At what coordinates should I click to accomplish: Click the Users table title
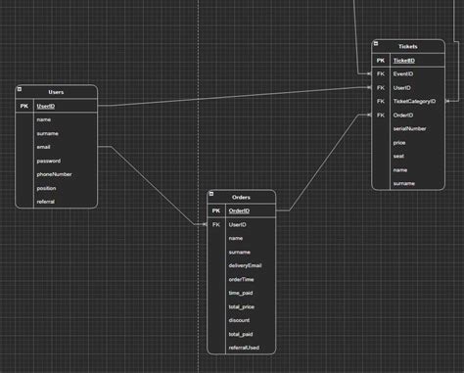click(56, 91)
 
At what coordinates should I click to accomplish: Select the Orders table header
click(241, 197)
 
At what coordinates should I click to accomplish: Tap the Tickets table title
click(407, 46)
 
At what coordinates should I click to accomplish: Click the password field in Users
click(48, 161)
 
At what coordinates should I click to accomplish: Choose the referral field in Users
click(46, 202)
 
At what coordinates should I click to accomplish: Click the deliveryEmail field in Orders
click(245, 265)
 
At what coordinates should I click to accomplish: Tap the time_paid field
click(241, 293)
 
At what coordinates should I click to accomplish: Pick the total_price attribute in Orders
click(242, 306)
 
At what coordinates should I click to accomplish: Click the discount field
click(239, 320)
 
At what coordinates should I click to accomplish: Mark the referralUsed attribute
click(244, 348)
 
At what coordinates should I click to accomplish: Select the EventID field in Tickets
click(402, 73)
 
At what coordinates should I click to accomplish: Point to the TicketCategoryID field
click(415, 101)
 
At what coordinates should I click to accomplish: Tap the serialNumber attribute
click(409, 128)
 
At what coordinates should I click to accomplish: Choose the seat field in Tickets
click(398, 156)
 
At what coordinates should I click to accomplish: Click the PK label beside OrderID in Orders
click(215, 210)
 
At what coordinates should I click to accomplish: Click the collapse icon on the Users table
click(21, 88)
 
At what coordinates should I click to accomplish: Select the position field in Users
click(47, 188)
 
